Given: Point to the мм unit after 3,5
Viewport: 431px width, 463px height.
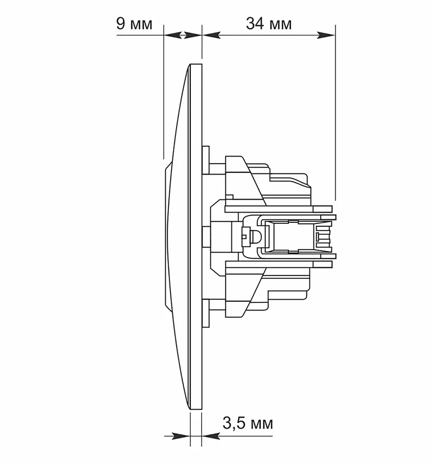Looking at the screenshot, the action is point(261,425).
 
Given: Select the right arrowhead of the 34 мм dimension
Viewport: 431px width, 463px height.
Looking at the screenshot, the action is point(326,35).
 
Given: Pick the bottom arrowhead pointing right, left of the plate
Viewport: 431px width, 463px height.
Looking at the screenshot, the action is point(181,436).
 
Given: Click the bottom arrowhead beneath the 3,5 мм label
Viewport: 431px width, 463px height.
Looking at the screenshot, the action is point(211,436).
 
